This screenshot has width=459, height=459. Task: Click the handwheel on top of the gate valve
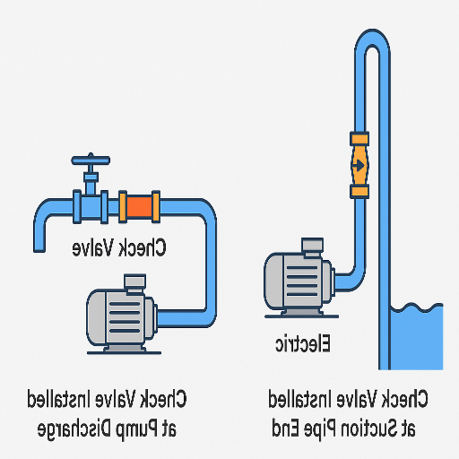pyautogui.click(x=89, y=161)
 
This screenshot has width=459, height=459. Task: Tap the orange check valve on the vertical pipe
pyautogui.click(x=359, y=165)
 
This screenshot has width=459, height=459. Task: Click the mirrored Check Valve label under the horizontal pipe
pyautogui.click(x=120, y=247)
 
